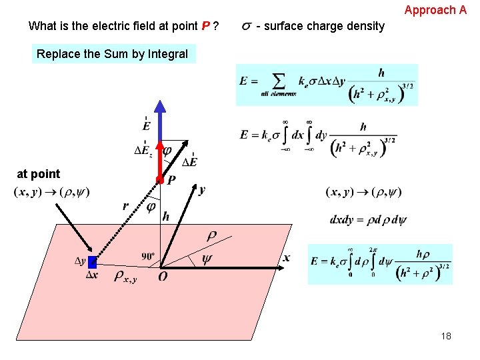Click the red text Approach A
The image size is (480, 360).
point(435,10)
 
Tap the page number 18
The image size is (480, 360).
point(446,336)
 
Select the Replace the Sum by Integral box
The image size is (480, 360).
point(113,54)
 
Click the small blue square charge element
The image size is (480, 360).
point(93,262)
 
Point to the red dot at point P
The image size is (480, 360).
point(160,180)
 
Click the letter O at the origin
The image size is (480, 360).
point(163,276)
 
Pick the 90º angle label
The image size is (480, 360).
point(149,256)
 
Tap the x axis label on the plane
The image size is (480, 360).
point(287,258)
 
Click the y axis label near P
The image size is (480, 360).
point(201,190)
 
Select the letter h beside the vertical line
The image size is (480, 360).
point(166,217)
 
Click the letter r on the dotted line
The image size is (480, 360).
point(125,207)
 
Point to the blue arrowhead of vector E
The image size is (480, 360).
point(160,107)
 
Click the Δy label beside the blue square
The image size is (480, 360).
point(80,261)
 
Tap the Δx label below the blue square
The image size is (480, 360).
point(92,275)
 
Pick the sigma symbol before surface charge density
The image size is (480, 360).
point(247,26)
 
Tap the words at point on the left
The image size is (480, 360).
point(38,174)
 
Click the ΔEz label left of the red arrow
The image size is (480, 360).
point(143,151)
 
